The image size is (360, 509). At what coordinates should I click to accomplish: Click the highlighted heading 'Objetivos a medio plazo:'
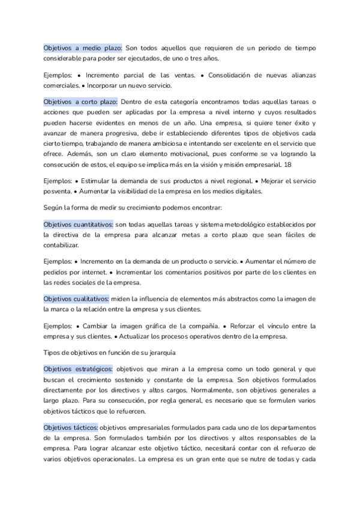[x=83, y=47]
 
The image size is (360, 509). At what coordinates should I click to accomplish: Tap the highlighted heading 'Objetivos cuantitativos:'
[x=78, y=224]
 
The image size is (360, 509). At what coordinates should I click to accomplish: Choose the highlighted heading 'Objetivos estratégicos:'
[x=78, y=369]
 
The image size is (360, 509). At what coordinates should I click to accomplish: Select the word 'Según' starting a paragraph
[x=53, y=207]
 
